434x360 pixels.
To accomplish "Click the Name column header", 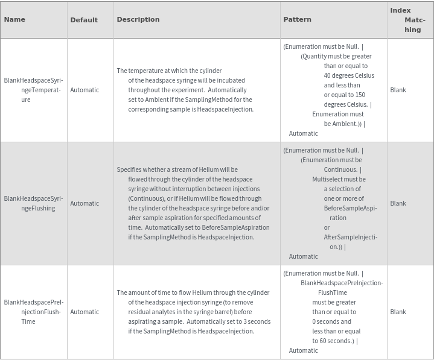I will tap(14, 19).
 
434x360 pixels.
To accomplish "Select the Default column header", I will tap(84, 20).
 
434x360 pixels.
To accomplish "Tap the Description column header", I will tap(138, 19).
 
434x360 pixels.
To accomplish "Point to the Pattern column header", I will tap(297, 19).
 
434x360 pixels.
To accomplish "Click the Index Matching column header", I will tap(410, 20).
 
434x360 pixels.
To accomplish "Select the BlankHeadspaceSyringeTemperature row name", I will tap(33, 90).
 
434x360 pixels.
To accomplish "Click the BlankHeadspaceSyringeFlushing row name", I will tap(33, 203).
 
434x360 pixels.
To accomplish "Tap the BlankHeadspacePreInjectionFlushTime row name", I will tap(33, 312).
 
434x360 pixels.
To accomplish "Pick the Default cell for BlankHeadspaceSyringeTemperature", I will tap(85, 90).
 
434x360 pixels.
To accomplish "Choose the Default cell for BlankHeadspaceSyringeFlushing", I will tap(85, 203).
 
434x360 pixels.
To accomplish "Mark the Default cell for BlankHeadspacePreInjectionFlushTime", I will tap(85, 312).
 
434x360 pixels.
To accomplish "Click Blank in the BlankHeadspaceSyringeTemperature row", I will tap(398, 90).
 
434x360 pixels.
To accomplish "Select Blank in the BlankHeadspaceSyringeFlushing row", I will tap(398, 203).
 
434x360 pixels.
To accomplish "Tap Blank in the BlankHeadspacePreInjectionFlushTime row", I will tap(398, 312).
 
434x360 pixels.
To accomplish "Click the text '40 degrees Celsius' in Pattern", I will tap(349, 75).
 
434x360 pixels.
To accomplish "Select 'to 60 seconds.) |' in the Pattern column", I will tap(335, 341).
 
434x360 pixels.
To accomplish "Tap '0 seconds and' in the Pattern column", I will tap(331, 321).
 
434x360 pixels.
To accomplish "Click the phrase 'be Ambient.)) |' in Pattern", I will tap(345, 124).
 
